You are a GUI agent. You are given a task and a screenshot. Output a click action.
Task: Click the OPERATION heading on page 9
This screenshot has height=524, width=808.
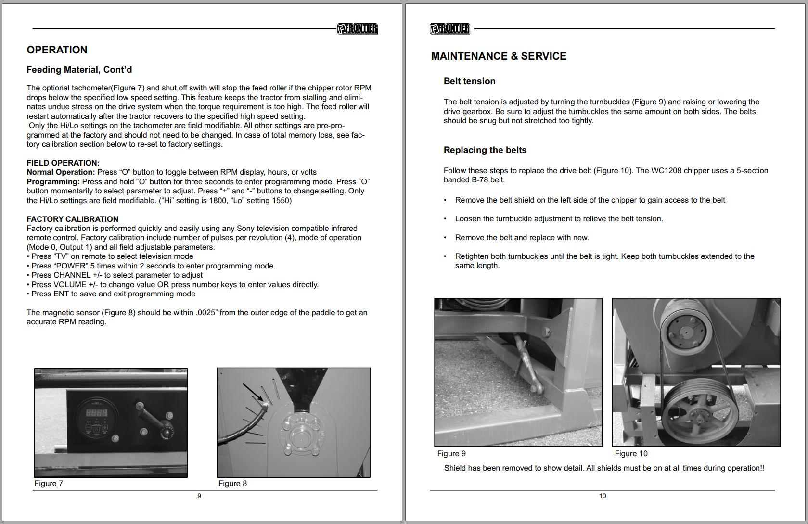point(57,50)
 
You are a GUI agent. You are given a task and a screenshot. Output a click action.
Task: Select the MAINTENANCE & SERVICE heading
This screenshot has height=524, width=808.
point(499,56)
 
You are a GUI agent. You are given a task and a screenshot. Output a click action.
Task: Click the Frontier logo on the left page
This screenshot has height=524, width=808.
point(357,29)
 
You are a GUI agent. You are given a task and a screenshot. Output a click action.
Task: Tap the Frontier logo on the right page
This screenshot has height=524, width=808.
point(450,29)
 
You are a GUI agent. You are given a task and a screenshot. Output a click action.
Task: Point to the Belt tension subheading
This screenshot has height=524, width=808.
point(469,81)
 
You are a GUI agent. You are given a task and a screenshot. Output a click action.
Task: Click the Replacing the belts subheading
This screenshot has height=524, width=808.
point(485,150)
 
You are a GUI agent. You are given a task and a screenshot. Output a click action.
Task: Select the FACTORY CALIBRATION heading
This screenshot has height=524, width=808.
point(72,219)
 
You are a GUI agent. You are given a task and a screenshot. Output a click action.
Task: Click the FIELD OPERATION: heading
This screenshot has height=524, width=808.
point(63,163)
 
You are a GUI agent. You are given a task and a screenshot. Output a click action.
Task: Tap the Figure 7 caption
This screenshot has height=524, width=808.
point(49,483)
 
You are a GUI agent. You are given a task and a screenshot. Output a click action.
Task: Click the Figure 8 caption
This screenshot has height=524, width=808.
point(232,483)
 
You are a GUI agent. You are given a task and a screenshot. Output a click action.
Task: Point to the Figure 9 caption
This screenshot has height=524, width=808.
point(451,453)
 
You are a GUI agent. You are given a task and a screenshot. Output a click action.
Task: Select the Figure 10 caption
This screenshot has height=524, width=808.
point(631,453)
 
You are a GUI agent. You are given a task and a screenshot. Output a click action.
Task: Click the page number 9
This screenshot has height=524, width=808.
point(199,496)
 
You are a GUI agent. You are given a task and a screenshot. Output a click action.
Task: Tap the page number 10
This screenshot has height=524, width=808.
point(603,496)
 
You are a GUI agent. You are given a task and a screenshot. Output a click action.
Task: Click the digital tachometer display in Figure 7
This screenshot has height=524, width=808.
point(96,413)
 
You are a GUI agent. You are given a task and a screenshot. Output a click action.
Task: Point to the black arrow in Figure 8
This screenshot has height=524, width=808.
point(253,392)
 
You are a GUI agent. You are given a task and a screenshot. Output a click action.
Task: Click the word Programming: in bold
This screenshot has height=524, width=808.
point(53,182)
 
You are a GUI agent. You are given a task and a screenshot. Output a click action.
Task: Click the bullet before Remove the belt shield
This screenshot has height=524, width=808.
point(445,200)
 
